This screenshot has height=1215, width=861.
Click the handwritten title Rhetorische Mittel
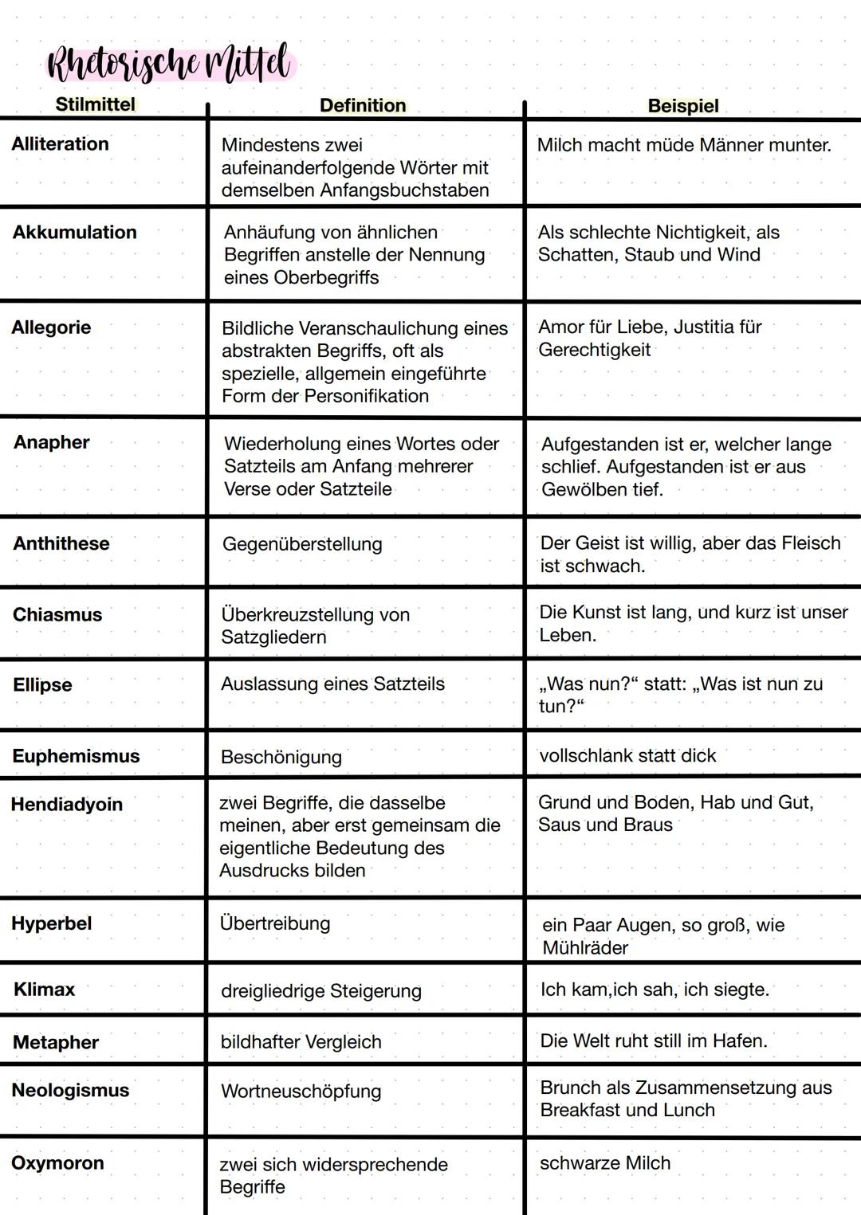pyautogui.click(x=169, y=64)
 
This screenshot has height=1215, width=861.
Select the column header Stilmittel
pyautogui.click(x=95, y=104)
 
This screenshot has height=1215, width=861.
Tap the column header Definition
pyautogui.click(x=363, y=105)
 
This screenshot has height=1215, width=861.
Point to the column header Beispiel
pyautogui.click(x=683, y=106)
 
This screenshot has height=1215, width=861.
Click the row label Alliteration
pyautogui.click(x=60, y=144)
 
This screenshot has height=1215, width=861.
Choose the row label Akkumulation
pyautogui.click(x=74, y=233)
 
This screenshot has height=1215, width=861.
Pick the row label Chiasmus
pyautogui.click(x=57, y=615)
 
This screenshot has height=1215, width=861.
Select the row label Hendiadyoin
pyautogui.click(x=67, y=805)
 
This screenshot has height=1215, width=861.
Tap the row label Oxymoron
pyautogui.click(x=57, y=1163)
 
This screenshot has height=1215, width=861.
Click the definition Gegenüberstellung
pyautogui.click(x=302, y=544)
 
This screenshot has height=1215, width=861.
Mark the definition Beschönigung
pyautogui.click(x=281, y=757)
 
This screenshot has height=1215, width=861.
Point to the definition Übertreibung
pyautogui.click(x=275, y=923)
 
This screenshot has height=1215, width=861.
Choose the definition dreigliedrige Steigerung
pyautogui.click(x=321, y=991)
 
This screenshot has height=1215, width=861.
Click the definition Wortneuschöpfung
pyautogui.click(x=301, y=1091)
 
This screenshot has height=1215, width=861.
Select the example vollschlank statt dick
pyautogui.click(x=627, y=755)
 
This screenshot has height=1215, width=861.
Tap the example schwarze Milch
pyautogui.click(x=605, y=1163)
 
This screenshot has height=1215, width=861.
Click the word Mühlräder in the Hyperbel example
pyautogui.click(x=585, y=948)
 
